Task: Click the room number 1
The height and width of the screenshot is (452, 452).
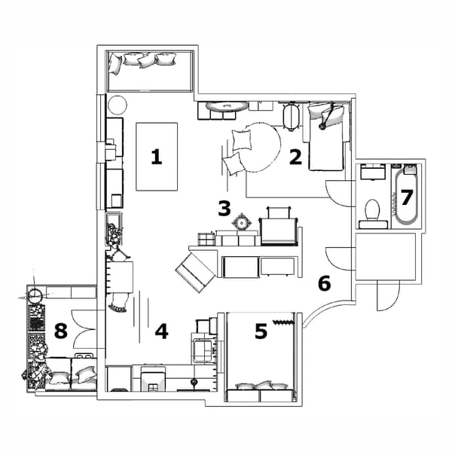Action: (157, 157)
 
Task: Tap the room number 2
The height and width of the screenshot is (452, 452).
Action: (295, 157)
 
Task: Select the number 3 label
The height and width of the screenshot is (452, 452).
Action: (224, 207)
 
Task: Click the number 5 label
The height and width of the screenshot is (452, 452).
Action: (261, 331)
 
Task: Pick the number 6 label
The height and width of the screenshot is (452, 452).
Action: (325, 284)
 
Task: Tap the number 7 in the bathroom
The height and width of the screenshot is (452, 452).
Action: (407, 197)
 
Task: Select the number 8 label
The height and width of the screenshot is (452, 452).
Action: (61, 330)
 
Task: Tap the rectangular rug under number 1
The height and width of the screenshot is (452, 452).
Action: (157, 157)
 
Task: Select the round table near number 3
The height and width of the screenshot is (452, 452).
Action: (242, 222)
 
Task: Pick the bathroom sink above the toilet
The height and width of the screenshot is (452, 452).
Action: (374, 173)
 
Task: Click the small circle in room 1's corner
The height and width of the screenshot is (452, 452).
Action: (118, 105)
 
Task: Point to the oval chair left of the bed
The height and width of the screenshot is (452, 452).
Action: (292, 116)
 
